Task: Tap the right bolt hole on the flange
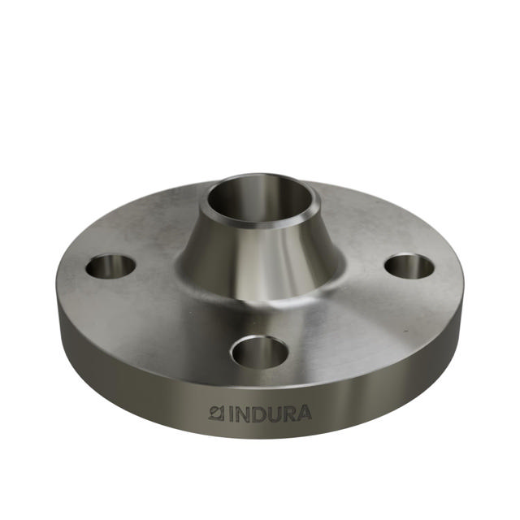[409, 266]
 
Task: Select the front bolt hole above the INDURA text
[259, 352]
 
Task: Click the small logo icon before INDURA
[216, 413]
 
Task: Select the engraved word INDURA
[269, 414]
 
